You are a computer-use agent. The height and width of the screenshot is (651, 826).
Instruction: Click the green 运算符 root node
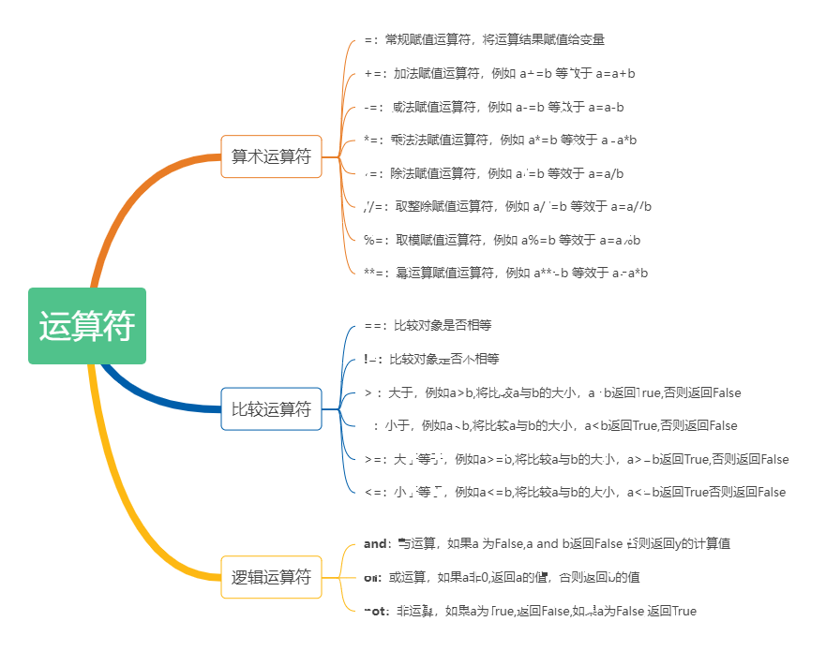tap(87, 326)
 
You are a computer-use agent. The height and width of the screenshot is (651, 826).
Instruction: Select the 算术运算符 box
tap(271, 156)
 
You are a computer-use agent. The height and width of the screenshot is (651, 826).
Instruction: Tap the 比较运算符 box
tap(271, 408)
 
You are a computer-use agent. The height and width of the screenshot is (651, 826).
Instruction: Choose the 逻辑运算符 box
tap(271, 577)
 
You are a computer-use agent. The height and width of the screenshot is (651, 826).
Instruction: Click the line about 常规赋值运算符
tap(484, 39)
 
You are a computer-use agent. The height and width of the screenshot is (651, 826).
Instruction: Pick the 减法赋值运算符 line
tap(493, 107)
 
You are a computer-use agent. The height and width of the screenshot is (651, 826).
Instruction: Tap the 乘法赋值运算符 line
tap(500, 140)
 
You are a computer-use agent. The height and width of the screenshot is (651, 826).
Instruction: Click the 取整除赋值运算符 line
tap(507, 206)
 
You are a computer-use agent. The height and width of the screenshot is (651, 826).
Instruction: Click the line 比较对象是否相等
tap(428, 325)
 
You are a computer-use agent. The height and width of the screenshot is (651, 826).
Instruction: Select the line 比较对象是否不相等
tap(431, 359)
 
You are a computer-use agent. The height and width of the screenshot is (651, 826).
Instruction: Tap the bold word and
tap(375, 543)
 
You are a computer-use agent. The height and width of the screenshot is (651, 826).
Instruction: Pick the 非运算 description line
tap(530, 611)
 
